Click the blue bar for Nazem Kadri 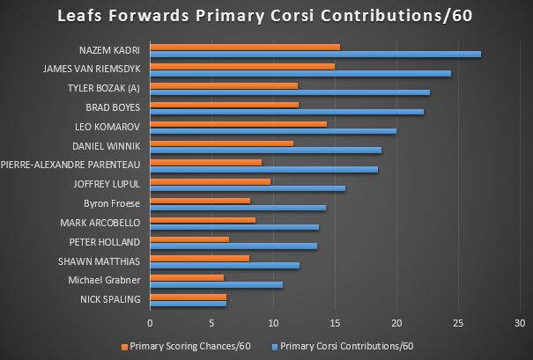(x=315, y=53)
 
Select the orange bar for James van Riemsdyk (x=242, y=65)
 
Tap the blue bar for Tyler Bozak (x=290, y=92)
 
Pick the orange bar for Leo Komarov (x=239, y=123)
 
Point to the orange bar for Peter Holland (x=189, y=239)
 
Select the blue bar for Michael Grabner (x=217, y=284)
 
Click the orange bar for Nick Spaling (x=189, y=297)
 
